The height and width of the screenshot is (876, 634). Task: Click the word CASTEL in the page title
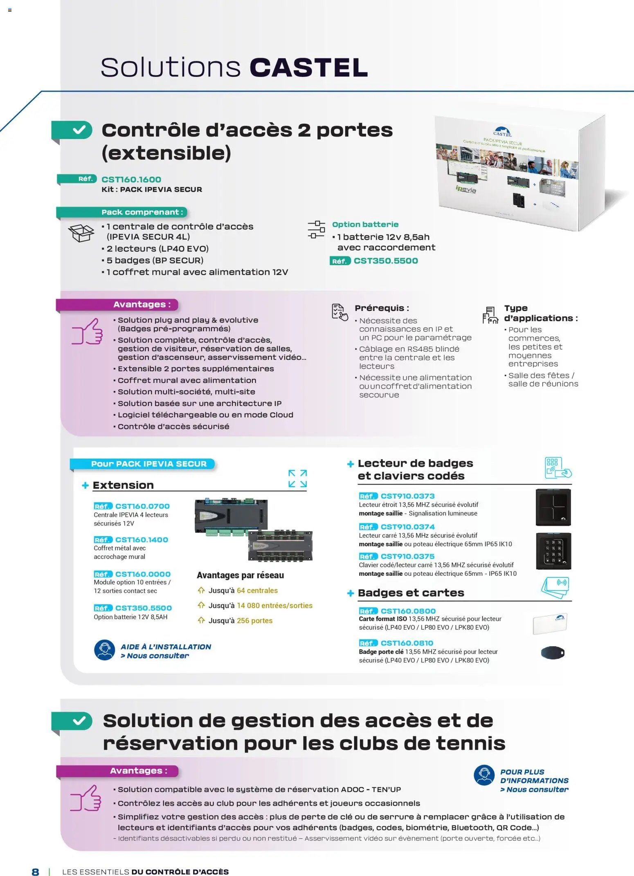(x=309, y=67)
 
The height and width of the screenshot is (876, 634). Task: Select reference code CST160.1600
(x=131, y=179)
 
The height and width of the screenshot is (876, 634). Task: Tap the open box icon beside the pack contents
(x=81, y=234)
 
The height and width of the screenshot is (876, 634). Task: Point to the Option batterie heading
(x=365, y=225)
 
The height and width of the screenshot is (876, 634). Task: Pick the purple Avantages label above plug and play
(x=142, y=304)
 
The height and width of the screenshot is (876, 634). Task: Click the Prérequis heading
(x=381, y=308)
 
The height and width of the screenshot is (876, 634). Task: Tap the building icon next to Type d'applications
(x=490, y=315)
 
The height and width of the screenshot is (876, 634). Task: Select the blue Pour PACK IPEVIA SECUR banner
(x=148, y=464)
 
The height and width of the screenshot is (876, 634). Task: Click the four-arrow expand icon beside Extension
(x=297, y=478)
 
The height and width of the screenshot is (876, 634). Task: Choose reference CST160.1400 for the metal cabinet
(x=142, y=540)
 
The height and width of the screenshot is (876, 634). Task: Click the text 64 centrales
(x=257, y=591)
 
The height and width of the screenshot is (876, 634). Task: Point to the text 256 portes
(x=254, y=620)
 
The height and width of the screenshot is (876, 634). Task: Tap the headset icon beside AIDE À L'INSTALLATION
(x=105, y=650)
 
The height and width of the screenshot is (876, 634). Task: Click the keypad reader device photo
(x=553, y=551)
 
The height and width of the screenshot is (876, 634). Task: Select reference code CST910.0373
(x=407, y=496)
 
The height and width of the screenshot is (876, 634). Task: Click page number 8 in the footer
(x=36, y=872)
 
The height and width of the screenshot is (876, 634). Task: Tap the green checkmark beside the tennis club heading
(x=79, y=721)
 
